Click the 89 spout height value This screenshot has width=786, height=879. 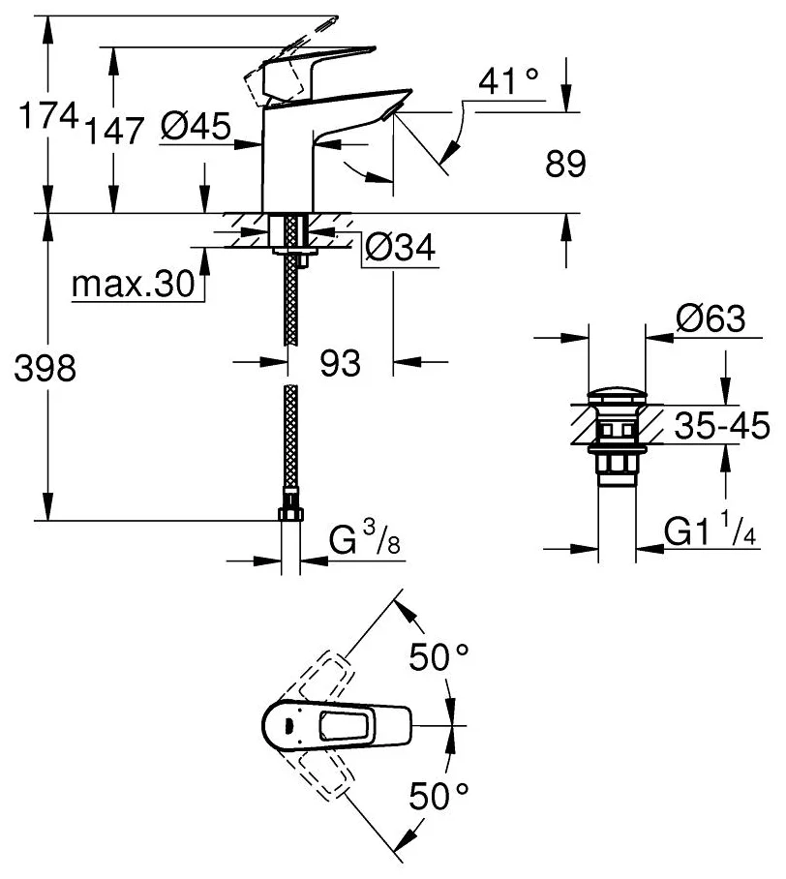point(565,165)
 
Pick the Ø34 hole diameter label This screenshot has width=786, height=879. point(398,250)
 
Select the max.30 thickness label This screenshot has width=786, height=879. point(134,286)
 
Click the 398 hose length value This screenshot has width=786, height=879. point(40,368)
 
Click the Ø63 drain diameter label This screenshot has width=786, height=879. point(710,319)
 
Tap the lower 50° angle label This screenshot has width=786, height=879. point(438,797)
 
